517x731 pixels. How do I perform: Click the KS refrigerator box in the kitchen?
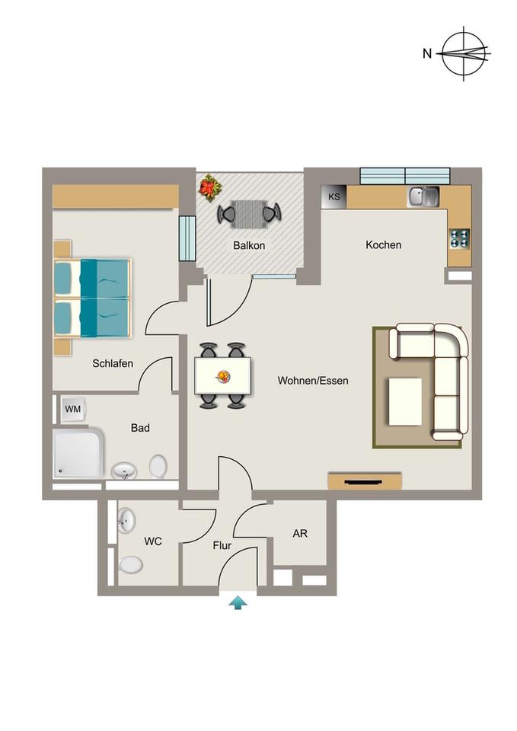333,196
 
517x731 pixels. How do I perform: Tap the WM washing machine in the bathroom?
73,410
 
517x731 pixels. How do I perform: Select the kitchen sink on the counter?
424,196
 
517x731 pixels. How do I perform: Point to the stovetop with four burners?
460,238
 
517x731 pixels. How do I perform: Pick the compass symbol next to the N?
464,53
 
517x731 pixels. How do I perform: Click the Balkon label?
249,245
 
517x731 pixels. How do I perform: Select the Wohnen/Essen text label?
313,381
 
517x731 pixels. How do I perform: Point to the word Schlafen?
113,363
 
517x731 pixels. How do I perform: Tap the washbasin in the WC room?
126,520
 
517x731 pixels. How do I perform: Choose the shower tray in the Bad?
78,454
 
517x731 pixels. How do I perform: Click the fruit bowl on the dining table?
223,376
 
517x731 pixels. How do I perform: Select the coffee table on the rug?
405,402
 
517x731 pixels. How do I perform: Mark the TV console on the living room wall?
365,481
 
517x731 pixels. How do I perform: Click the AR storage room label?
300,533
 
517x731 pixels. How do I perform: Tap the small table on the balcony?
249,214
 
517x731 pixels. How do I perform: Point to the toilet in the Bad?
158,467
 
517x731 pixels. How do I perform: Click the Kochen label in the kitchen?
383,244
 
